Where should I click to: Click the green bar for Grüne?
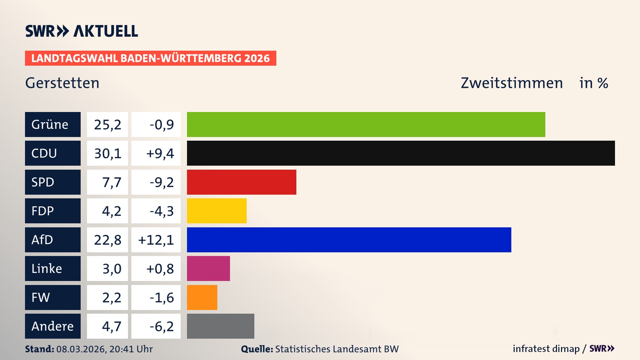(x=366, y=124)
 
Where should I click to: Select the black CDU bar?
(x=401, y=153)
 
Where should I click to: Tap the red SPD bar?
(x=241, y=182)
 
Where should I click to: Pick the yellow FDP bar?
(x=217, y=211)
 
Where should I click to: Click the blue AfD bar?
(x=349, y=240)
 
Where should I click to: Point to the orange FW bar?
(x=202, y=297)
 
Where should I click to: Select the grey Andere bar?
(x=220, y=326)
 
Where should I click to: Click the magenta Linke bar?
(x=208, y=268)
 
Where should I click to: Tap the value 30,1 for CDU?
(x=107, y=153)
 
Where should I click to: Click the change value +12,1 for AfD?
(x=156, y=240)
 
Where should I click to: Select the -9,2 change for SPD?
(x=161, y=182)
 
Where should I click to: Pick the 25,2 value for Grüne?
(x=107, y=124)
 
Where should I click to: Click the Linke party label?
(x=47, y=268)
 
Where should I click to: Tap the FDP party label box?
(x=53, y=211)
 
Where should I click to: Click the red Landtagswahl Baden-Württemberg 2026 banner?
(x=150, y=58)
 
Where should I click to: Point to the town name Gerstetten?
(x=62, y=83)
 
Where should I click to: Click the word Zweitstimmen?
(x=512, y=83)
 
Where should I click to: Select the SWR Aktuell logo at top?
(x=82, y=31)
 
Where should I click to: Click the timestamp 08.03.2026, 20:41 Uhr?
(x=104, y=349)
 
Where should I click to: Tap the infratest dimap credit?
(x=546, y=349)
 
